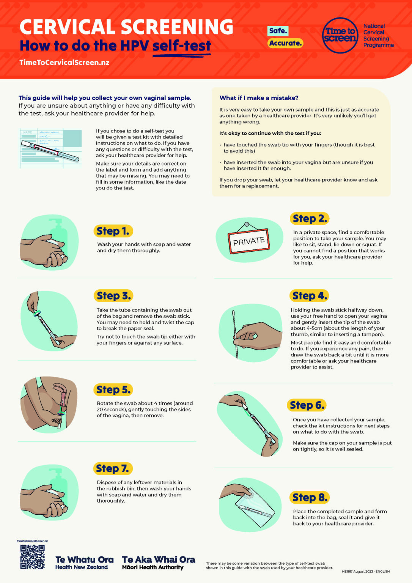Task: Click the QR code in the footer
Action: pyautogui.click(x=32, y=557)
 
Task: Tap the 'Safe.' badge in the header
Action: pyautogui.click(x=278, y=31)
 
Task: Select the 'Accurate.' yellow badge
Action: pyautogui.click(x=285, y=43)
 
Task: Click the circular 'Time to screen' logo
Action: pyautogui.click(x=340, y=35)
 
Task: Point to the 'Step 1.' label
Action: pyautogui.click(x=113, y=231)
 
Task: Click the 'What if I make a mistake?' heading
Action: pyautogui.click(x=259, y=98)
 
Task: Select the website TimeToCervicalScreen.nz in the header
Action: pyautogui.click(x=64, y=63)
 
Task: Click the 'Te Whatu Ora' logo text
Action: pyautogui.click(x=84, y=560)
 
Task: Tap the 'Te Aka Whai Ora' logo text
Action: pyautogui.click(x=158, y=560)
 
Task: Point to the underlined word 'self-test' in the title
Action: pyautogui.click(x=182, y=46)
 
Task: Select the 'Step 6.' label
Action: pyautogui.click(x=307, y=405)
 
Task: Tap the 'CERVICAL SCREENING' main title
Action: pyautogui.click(x=126, y=27)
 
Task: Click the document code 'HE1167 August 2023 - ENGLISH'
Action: pyautogui.click(x=365, y=571)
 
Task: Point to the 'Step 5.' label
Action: pyautogui.click(x=113, y=389)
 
